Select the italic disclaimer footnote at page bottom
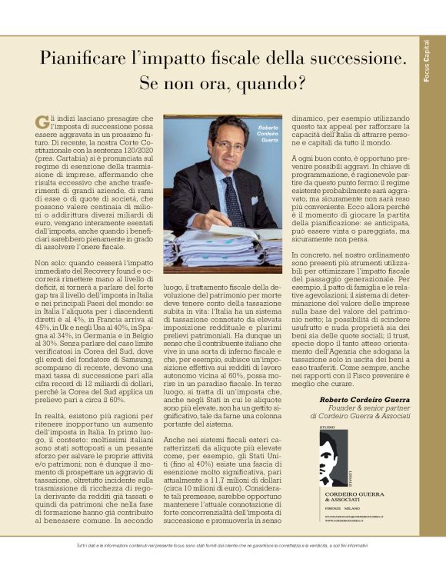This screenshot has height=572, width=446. pyautogui.click(x=223, y=545)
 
